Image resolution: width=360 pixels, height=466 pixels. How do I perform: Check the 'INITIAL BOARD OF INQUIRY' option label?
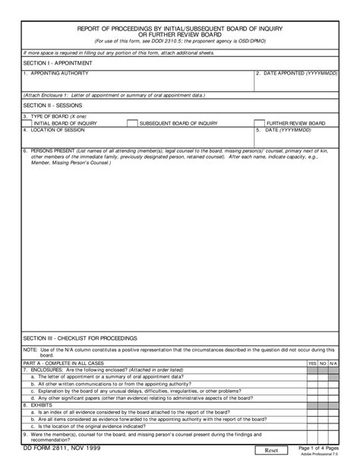tap(65, 122)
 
